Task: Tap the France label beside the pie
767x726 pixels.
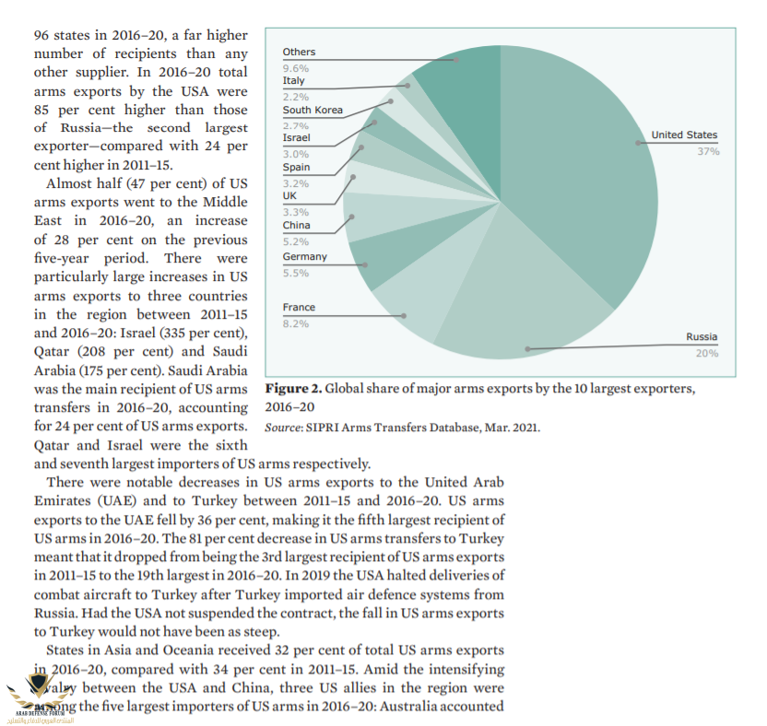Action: point(299,307)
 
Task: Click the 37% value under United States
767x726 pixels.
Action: point(707,151)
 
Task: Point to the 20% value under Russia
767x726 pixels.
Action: point(707,353)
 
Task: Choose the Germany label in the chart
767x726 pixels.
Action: point(304,257)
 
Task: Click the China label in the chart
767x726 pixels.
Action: point(296,225)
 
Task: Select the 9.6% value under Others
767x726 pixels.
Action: point(295,68)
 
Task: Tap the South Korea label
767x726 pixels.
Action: point(313,110)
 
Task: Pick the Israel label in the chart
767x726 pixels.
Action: point(296,137)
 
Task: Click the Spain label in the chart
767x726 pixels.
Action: point(296,168)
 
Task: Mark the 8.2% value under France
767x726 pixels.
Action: point(295,323)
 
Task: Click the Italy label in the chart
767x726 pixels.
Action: point(293,81)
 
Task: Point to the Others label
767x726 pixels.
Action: point(299,53)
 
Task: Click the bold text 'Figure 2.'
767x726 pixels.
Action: point(292,388)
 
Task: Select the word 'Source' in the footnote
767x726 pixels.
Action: point(285,427)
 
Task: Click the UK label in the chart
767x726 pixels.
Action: point(289,195)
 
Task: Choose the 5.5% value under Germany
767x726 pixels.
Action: point(295,274)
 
